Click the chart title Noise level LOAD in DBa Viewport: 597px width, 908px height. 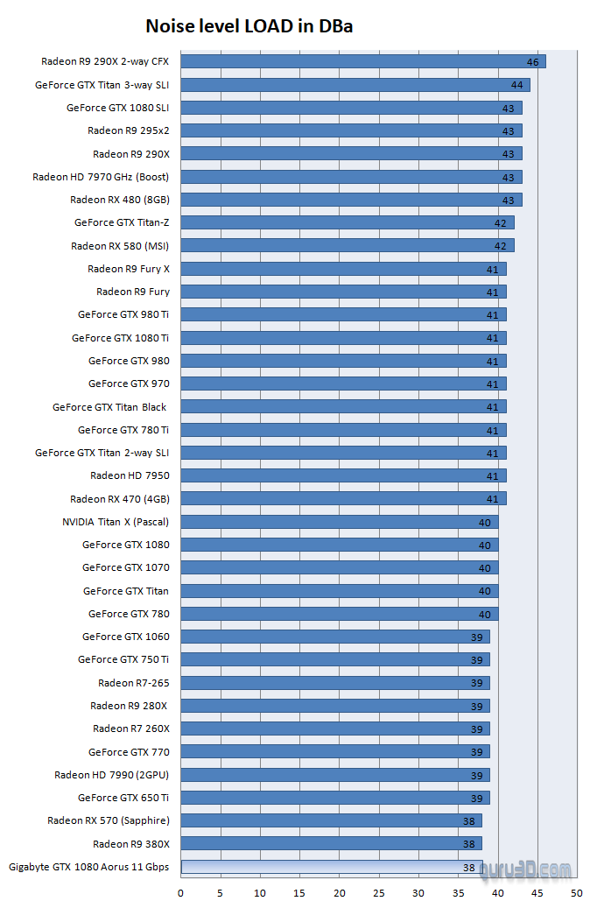(249, 26)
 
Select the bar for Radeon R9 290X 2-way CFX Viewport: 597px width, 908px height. (362, 61)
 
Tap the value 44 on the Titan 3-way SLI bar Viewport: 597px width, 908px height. (517, 85)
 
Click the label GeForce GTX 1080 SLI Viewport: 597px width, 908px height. (117, 108)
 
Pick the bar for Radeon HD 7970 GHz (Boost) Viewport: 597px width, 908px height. (350, 177)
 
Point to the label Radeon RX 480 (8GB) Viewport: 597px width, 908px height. (120, 200)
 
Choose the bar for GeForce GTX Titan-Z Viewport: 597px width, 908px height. (347, 222)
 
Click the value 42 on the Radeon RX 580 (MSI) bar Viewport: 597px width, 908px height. (501, 246)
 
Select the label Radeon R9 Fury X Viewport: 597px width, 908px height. (129, 269)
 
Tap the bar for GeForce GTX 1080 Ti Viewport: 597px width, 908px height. (343, 338)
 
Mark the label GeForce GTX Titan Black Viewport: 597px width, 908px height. (109, 406)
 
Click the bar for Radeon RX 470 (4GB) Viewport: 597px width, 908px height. (343, 499)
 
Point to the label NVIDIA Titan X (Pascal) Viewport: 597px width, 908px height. (116, 522)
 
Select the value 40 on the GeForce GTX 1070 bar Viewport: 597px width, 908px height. (485, 567)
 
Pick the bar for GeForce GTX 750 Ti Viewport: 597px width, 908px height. (334, 659)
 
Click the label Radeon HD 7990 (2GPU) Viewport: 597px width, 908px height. (111, 774)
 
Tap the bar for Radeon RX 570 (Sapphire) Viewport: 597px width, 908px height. (331, 820)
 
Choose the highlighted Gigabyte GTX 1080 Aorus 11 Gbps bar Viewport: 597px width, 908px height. (331, 867)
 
